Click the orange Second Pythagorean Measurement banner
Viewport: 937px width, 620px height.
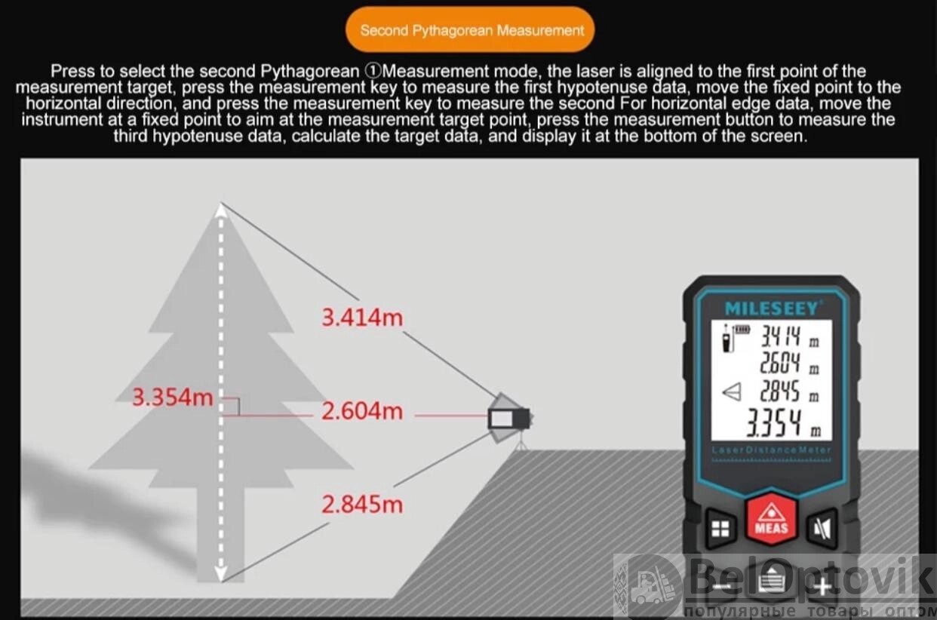(x=470, y=29)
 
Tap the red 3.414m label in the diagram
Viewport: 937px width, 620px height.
(x=362, y=318)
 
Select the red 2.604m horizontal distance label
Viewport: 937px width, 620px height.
(x=362, y=411)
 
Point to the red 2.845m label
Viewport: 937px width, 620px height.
(x=362, y=505)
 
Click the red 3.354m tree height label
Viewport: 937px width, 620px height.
(x=173, y=397)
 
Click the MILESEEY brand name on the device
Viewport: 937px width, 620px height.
(x=771, y=308)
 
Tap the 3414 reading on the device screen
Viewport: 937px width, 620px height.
(x=780, y=336)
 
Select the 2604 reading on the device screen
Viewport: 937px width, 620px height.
(x=780, y=363)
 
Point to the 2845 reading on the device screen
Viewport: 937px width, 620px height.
(x=780, y=391)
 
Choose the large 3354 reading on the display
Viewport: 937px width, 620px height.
(x=774, y=423)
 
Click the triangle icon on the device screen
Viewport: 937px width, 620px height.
(x=732, y=392)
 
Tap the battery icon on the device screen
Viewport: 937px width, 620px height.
(x=742, y=330)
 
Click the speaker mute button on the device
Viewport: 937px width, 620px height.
(x=822, y=529)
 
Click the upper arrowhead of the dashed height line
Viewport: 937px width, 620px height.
(x=221, y=210)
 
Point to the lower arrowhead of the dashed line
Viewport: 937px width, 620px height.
(x=221, y=572)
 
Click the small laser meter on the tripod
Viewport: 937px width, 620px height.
(x=509, y=418)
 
